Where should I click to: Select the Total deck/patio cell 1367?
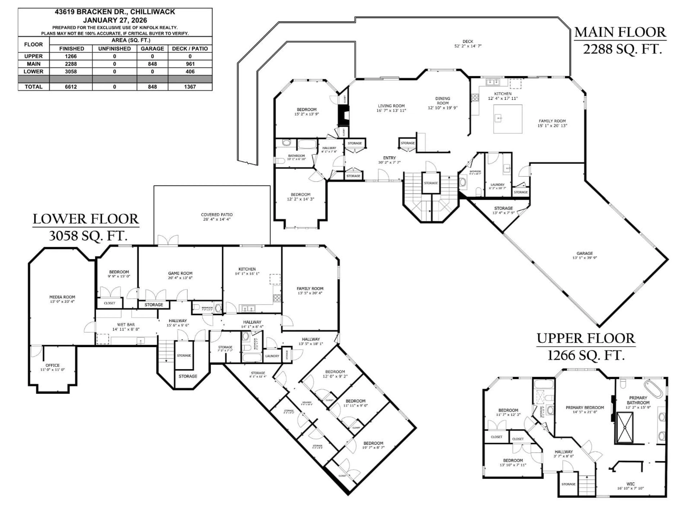click(x=190, y=87)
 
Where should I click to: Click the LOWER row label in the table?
click(x=33, y=72)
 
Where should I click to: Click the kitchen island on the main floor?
click(x=508, y=119)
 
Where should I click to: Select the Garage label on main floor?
click(x=584, y=254)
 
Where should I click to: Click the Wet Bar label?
click(x=126, y=325)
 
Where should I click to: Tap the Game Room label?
click(x=180, y=273)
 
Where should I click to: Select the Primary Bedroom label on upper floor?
click(x=585, y=407)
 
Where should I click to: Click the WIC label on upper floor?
click(x=630, y=484)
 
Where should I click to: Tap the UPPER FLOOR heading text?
click(x=586, y=338)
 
